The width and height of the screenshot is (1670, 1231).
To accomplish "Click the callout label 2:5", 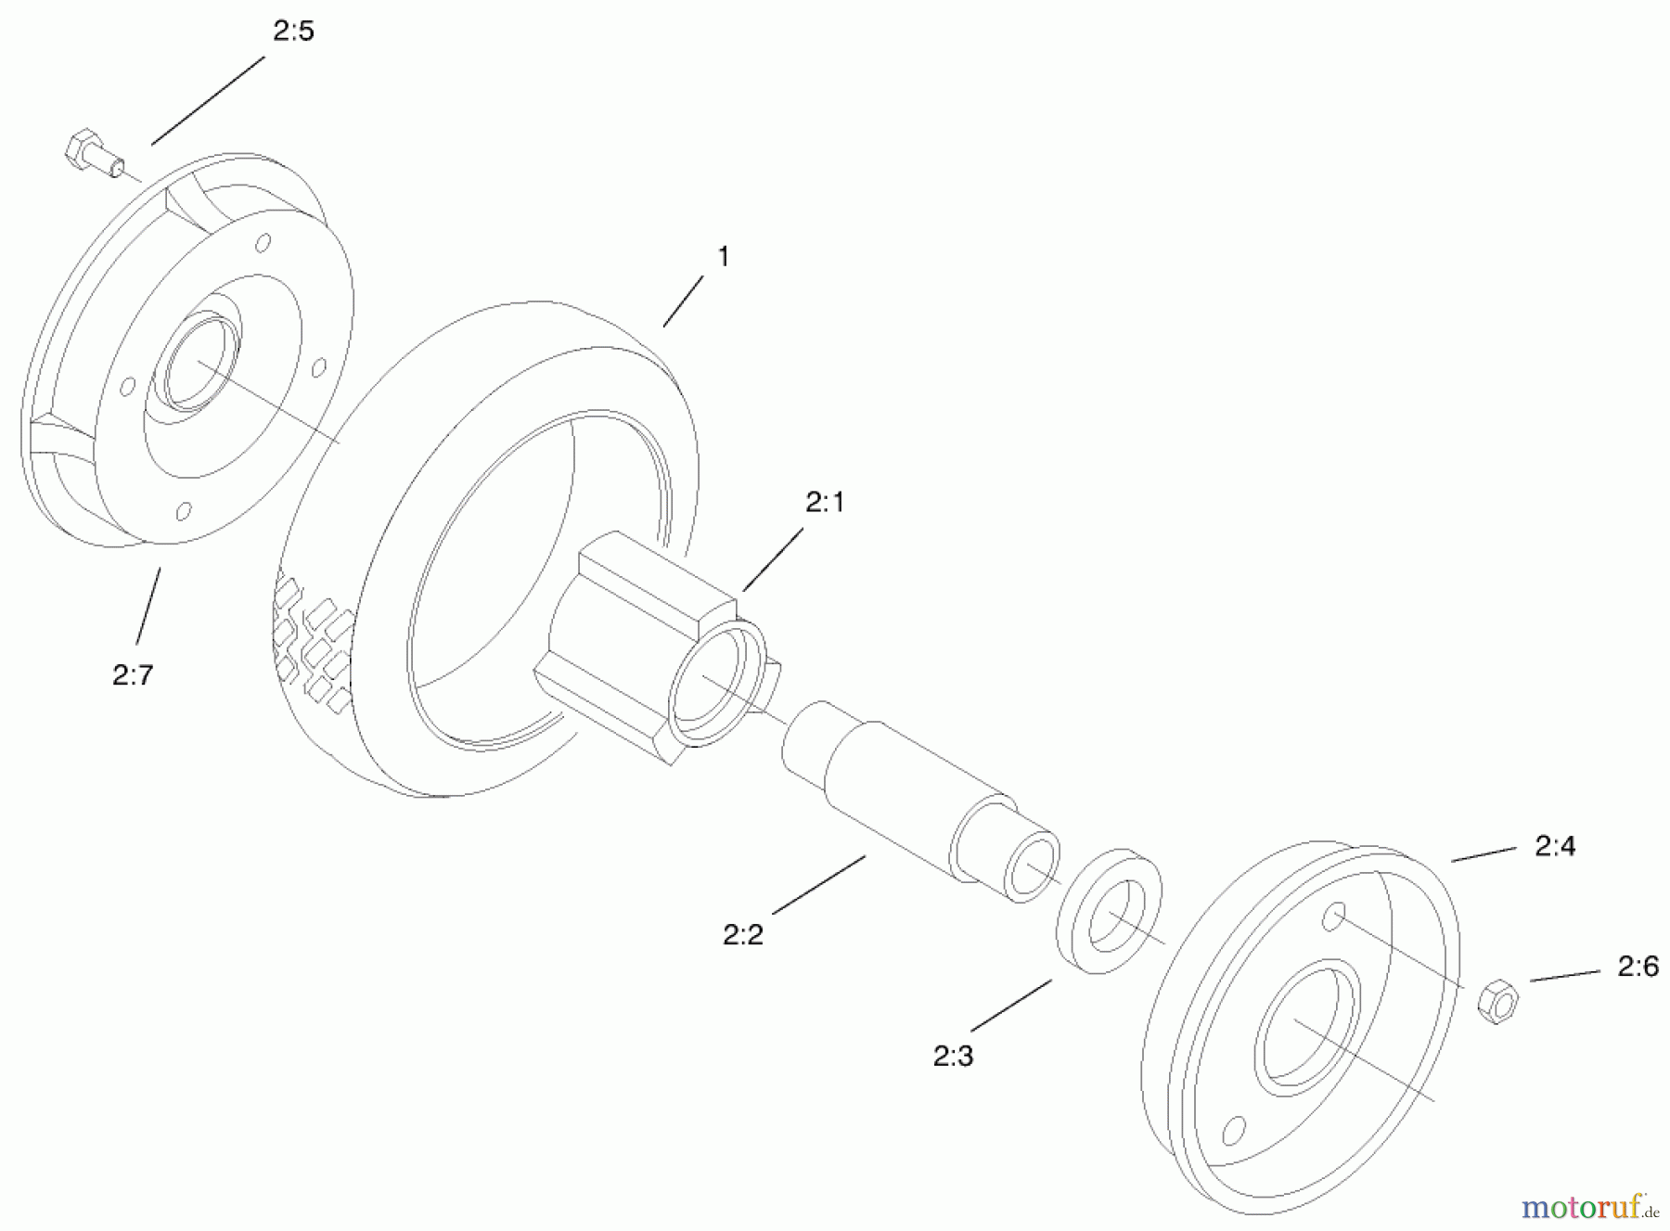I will (293, 32).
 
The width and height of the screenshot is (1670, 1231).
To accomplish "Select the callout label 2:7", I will (133, 675).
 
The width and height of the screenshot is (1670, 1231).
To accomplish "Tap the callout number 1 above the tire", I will (724, 257).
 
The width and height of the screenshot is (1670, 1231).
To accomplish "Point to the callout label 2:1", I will (825, 503).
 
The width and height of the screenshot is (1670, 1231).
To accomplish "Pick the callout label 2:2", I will (743, 934).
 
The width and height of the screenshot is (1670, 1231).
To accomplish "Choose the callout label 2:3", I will (953, 1056).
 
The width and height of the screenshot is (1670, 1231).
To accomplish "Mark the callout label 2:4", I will (1555, 846).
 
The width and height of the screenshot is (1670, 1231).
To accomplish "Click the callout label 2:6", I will (1638, 967).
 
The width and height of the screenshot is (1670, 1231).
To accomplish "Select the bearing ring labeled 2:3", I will (1111, 910).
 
